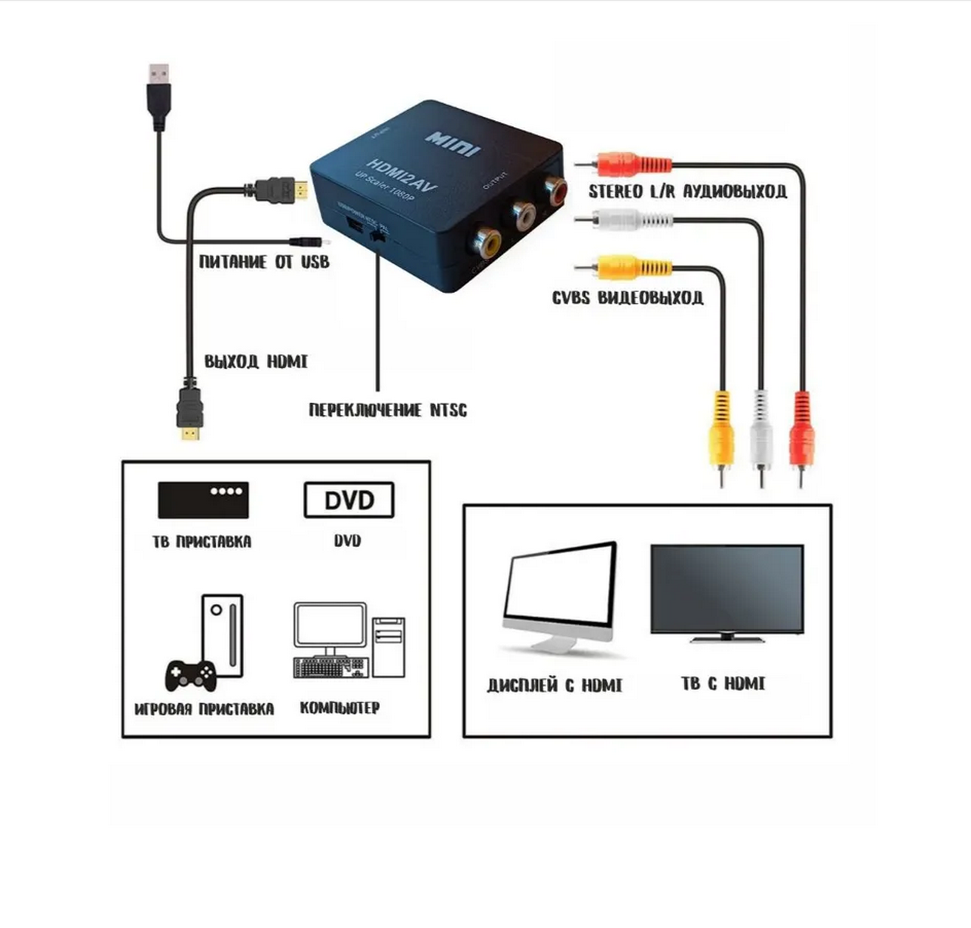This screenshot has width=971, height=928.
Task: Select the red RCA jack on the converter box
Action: [553, 190]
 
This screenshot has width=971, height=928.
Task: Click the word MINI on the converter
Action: [453, 143]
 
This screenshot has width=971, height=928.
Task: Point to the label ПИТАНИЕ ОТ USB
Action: [264, 262]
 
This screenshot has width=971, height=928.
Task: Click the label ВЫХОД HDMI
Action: [256, 361]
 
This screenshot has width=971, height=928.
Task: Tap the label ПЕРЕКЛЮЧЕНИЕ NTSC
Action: [388, 410]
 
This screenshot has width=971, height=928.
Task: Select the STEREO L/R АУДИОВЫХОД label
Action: [687, 191]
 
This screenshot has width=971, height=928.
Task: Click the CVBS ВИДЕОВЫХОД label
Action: [627, 297]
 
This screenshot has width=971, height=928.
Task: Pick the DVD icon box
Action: [349, 501]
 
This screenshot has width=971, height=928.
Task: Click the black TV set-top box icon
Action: [203, 500]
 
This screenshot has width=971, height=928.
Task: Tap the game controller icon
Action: [190, 675]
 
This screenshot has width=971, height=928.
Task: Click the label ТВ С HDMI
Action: [723, 683]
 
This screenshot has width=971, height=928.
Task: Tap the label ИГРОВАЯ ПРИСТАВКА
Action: [204, 709]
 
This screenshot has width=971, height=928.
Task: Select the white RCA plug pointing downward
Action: [761, 435]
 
